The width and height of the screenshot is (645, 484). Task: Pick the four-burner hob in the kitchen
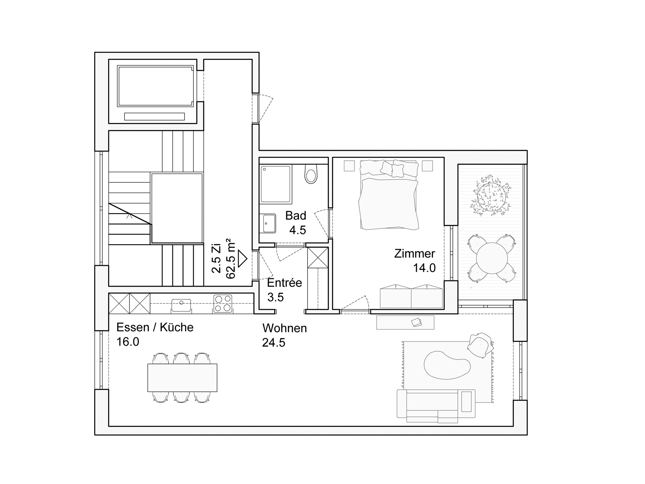(x=223, y=304)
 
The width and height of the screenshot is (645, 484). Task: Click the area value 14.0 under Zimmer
(x=424, y=268)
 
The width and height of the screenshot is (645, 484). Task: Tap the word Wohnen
(x=285, y=328)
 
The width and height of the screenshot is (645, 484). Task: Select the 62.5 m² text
(x=230, y=259)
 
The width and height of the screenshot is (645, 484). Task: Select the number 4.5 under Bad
(x=297, y=230)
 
